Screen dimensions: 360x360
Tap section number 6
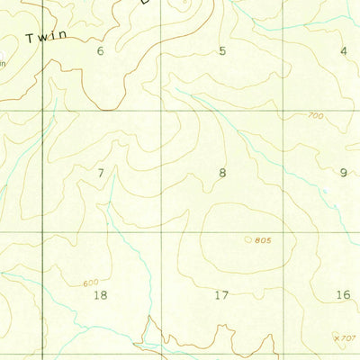[100, 51]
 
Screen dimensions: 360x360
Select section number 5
[222, 51]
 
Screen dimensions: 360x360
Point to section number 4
[343, 51]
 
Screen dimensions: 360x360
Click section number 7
[101, 173]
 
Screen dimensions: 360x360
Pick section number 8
[222, 173]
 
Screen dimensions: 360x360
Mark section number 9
[343, 173]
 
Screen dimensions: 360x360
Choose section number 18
[100, 294]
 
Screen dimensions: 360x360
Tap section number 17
[222, 294]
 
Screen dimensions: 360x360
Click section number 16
[343, 294]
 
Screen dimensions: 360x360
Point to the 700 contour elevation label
[314, 116]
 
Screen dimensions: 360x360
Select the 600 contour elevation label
[91, 283]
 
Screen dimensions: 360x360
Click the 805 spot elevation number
[263, 240]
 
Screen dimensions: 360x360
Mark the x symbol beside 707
[337, 337]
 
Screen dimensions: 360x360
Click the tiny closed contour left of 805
[248, 239]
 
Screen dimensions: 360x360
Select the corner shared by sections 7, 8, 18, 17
[162, 232]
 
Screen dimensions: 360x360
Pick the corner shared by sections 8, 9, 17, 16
[284, 232]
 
